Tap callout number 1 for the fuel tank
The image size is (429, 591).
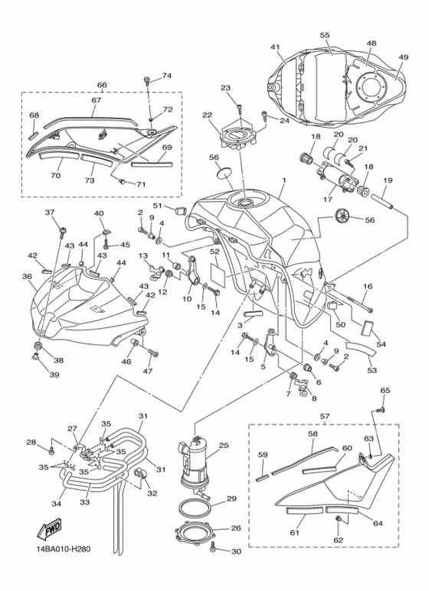point(283,182)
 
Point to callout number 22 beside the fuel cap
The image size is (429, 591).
point(207,115)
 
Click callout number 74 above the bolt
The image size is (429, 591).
point(167,76)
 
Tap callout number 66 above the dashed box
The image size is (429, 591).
point(101,85)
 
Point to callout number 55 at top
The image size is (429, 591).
point(325,35)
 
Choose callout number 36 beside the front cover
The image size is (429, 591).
point(26,277)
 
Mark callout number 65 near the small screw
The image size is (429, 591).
point(385,391)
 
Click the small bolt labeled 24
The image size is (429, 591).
point(265,116)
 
